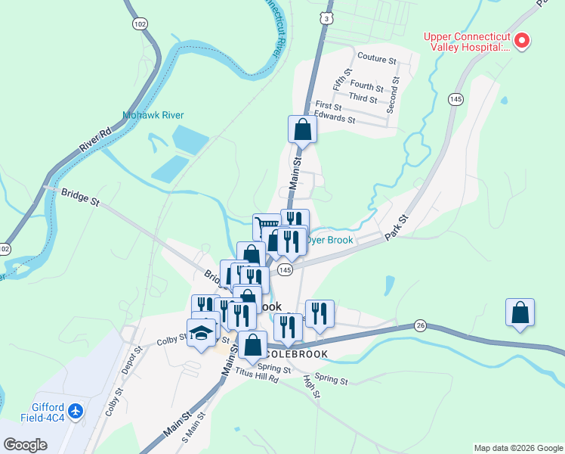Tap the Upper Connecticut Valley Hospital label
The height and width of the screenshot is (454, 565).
tap(467, 41)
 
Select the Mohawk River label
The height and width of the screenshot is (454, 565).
tap(153, 116)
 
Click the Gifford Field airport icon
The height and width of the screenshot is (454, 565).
tap(75, 411)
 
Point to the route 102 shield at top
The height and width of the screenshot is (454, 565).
tap(138, 24)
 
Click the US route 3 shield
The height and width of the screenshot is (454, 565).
tap(325, 17)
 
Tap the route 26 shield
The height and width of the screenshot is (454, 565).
tap(420, 325)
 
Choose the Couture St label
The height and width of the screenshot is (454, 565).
tap(377, 58)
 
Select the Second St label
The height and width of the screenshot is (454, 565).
tap(393, 95)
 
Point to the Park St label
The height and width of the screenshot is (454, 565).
tap(397, 228)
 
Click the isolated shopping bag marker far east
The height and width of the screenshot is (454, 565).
tap(520, 313)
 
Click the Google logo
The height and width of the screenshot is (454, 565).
tap(25, 445)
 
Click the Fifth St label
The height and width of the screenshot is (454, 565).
tap(347, 79)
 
